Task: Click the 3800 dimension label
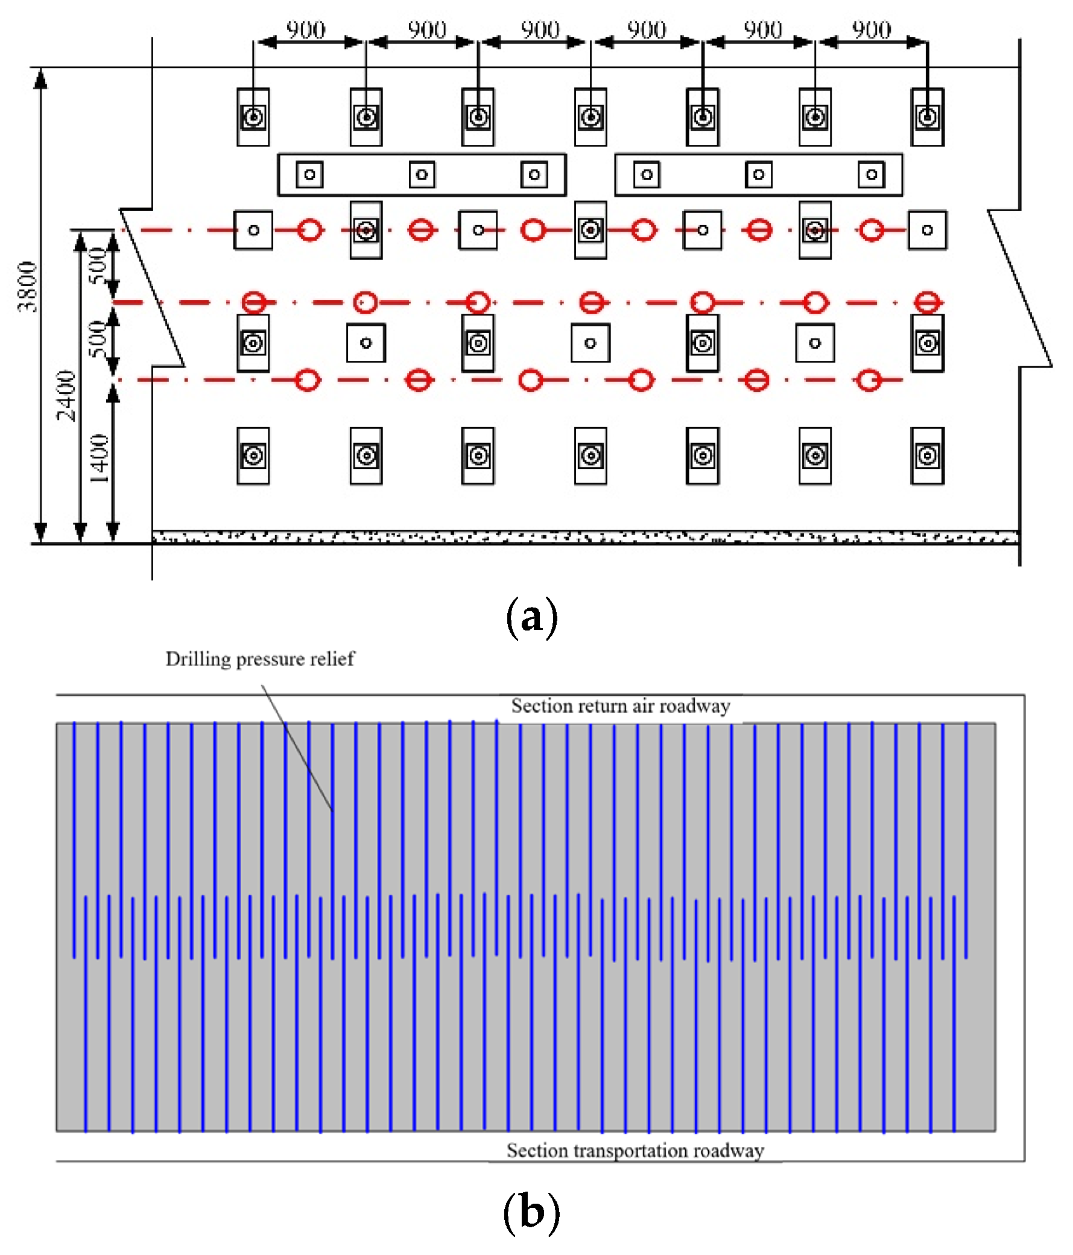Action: pos(27,287)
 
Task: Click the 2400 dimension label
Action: pos(66,396)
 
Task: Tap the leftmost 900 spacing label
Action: pos(306,30)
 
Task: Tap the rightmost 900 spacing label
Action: pos(872,30)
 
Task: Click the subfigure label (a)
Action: pos(531,617)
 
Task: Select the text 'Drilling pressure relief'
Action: pos(260,658)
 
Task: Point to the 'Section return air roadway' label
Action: pos(621,705)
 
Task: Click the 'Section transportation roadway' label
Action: pos(635,1150)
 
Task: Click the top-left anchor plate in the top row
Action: pos(253,117)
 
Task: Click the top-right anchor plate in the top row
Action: pos(927,117)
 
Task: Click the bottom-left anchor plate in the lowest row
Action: pos(253,456)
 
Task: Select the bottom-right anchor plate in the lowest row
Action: pos(927,456)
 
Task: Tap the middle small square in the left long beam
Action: pos(422,175)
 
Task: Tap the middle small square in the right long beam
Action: pos(759,175)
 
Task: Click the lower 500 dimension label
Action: pos(98,339)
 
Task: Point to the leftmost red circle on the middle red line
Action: pos(254,302)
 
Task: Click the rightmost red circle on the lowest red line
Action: pos(870,380)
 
